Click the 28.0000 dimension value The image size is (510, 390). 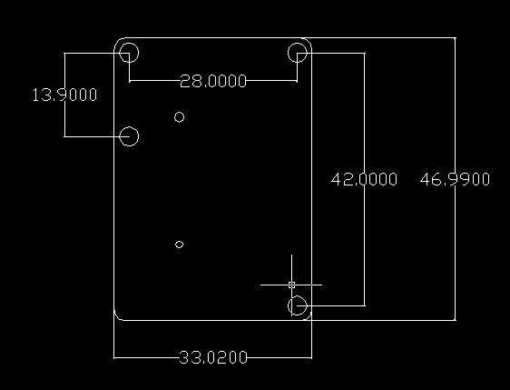coord(213,81)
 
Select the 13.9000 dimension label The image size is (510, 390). coord(64,95)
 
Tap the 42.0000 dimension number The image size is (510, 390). coord(364,179)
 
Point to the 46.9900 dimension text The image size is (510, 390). coord(455,179)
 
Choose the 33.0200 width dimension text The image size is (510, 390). coord(213,358)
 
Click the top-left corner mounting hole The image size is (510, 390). coord(129,44)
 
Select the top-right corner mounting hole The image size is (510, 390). coord(298,44)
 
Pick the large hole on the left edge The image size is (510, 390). coord(129,127)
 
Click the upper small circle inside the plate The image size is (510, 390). coord(179,113)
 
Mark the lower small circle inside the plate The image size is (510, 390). coord(179,241)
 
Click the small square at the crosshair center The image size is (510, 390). coord(291,285)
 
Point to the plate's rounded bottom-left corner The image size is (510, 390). coord(116,317)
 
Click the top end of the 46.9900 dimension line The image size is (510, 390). coord(455,38)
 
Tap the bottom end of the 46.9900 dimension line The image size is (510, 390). coord(455,320)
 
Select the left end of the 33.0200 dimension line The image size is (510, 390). coord(113,358)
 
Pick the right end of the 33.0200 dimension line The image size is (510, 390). coord(311,358)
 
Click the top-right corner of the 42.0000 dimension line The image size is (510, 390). coord(365,53)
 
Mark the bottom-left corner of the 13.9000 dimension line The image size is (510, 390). coord(64,136)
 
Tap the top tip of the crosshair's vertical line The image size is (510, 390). coord(291,255)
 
